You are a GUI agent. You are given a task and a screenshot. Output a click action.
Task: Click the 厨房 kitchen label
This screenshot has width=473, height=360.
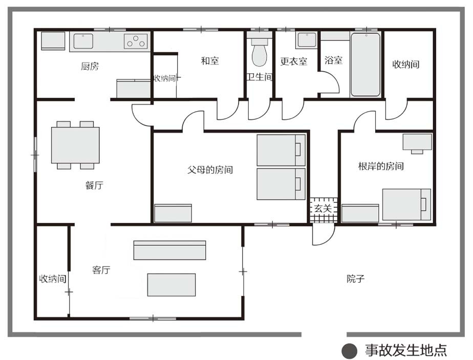pyautogui.click(x=90, y=66)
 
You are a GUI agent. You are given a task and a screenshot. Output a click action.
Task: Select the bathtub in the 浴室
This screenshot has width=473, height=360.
pyautogui.click(x=365, y=65)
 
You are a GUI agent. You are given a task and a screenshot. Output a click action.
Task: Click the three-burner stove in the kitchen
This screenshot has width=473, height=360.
pyautogui.click(x=136, y=41)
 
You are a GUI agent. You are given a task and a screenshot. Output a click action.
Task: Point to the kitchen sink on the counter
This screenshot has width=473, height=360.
pyautogui.click(x=83, y=41)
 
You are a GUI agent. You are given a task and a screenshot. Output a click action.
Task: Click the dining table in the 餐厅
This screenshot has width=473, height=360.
pyautogui.click(x=75, y=145)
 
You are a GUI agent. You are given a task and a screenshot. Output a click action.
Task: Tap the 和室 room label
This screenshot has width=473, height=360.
pyautogui.click(x=210, y=60)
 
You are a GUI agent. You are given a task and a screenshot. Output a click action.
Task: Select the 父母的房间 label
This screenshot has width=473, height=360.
pyautogui.click(x=210, y=170)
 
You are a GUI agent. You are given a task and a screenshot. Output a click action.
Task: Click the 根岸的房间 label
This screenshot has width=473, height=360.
pyautogui.click(x=381, y=166)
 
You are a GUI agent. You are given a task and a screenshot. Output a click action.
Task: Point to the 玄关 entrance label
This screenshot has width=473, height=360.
pyautogui.click(x=323, y=208)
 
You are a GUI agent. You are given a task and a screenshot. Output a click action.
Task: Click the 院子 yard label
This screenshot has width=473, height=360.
pyautogui.click(x=355, y=278)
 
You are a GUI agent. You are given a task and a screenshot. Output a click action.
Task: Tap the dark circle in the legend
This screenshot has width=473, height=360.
pyautogui.click(x=349, y=351)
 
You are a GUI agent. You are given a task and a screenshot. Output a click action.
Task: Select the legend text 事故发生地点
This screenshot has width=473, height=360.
pyautogui.click(x=406, y=350)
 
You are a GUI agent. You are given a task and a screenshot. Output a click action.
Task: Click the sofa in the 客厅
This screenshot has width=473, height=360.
pyautogui.click(x=169, y=250)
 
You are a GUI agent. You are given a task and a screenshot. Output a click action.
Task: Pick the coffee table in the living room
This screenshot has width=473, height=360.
pyautogui.click(x=171, y=285)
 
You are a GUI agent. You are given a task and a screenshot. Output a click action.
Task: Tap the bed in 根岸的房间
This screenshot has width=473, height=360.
pyautogui.click(x=406, y=205)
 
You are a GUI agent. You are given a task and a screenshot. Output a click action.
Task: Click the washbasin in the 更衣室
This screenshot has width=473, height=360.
pyautogui.click(x=307, y=40)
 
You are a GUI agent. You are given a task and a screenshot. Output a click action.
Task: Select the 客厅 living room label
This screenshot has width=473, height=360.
pyautogui.click(x=101, y=269)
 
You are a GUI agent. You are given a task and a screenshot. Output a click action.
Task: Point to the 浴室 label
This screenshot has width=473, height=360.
pyautogui.click(x=333, y=60)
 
